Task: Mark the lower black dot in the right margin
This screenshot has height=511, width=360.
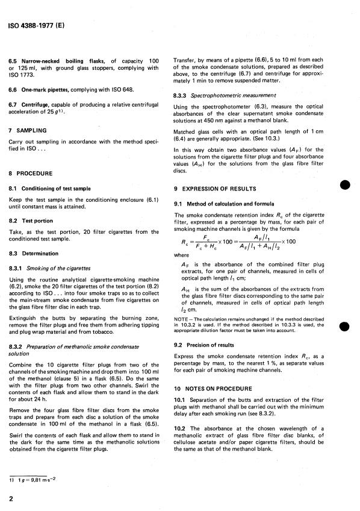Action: pyautogui.click(x=346, y=326)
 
